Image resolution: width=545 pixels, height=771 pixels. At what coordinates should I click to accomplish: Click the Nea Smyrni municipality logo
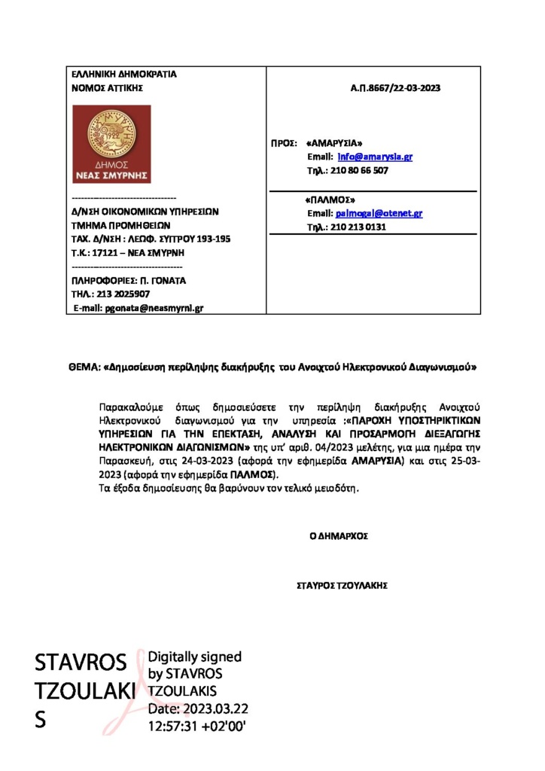click(x=111, y=143)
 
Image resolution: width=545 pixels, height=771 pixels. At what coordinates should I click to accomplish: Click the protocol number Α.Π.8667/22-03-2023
click(x=395, y=88)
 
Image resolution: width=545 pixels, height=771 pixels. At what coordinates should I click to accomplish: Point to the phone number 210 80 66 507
click(x=361, y=171)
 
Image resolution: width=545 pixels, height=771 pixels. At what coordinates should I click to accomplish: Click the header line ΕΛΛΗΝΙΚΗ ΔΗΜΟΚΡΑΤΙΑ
click(x=123, y=75)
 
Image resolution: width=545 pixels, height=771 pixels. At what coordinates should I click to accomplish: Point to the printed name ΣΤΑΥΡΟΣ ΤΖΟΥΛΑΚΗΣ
click(x=343, y=584)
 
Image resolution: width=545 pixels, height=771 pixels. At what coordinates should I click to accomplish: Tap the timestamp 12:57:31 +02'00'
click(x=197, y=726)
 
